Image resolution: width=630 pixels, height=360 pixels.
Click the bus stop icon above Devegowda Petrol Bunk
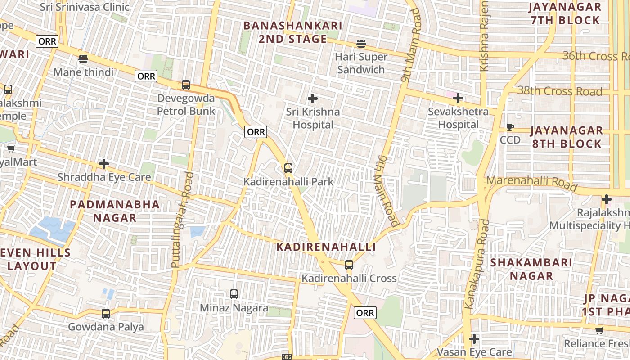185,85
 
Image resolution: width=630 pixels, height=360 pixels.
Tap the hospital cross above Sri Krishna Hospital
313,99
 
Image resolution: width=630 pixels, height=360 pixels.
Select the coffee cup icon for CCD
510,127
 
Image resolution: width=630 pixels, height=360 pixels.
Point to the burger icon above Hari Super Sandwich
361,44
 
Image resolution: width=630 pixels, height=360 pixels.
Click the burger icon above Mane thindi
83,58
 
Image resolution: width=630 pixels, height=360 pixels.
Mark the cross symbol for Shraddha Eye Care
104,164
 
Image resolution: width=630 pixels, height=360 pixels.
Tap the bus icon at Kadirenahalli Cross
349,265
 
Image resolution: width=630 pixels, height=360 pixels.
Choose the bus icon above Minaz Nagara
234,294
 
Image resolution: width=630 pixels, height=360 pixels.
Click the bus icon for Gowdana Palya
106,314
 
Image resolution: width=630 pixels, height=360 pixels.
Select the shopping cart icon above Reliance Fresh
599,331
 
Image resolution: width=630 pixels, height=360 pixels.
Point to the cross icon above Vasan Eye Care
474,339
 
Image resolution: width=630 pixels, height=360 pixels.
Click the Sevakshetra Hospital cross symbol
458,98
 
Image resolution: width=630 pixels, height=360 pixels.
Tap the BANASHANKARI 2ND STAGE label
292,32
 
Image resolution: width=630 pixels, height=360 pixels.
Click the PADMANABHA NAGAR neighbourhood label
115,211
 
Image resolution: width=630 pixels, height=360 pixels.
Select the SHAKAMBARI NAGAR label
531,269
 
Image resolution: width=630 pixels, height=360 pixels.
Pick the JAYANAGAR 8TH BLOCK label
566,137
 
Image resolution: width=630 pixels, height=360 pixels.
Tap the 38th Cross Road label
559,91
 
